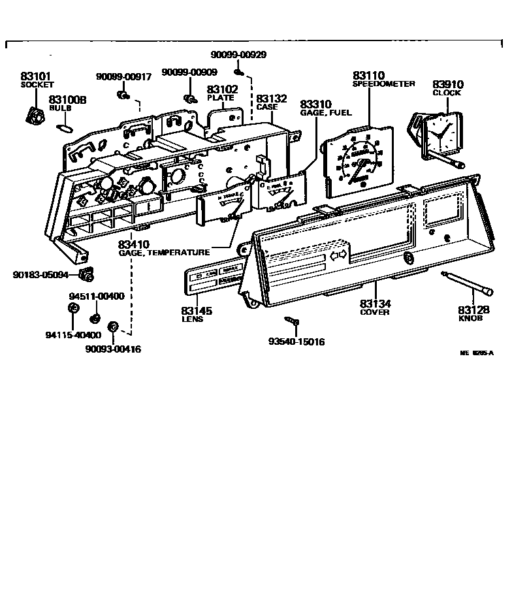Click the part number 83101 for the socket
coord(36,76)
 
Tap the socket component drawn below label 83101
coord(34,116)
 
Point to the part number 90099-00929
coord(238,55)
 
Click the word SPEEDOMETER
coord(383,84)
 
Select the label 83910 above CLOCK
coord(447,84)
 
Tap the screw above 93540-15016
coord(291,321)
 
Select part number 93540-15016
coord(296,342)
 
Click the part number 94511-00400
coord(96,296)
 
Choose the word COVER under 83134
coord(375,312)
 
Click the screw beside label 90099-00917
coord(122,96)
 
